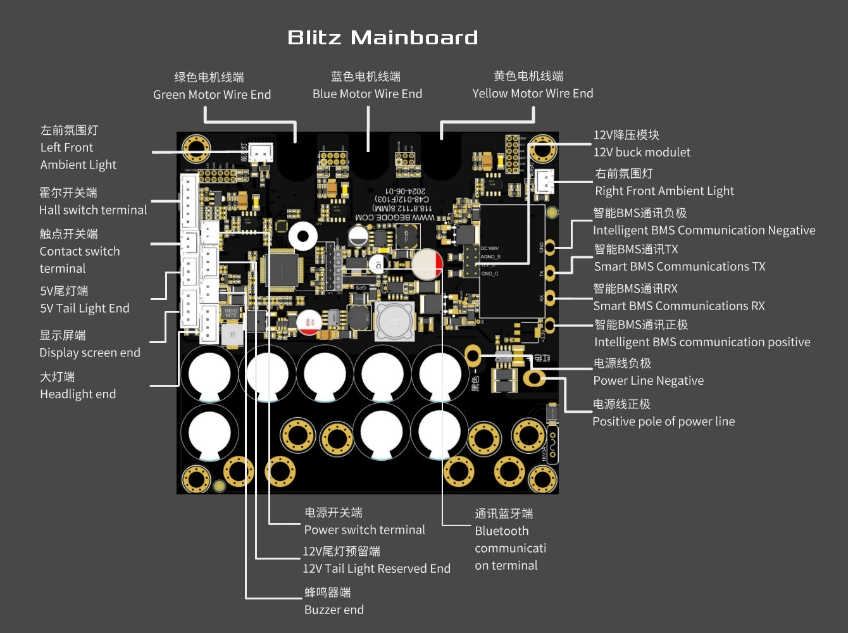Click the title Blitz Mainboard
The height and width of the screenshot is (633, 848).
coord(382,37)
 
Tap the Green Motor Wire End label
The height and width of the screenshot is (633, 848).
coord(212,94)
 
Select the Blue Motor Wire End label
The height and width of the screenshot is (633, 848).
coord(367,94)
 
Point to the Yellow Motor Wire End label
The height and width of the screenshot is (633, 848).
coord(532,93)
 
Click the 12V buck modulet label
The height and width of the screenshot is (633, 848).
coord(642,152)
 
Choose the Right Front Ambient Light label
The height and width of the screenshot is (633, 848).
coord(664,191)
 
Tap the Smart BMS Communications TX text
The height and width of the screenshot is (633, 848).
coord(680,266)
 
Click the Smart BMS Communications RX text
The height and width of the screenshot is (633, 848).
coord(678,306)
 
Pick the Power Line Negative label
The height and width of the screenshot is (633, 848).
coord(648,380)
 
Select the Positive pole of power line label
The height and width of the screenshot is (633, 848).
coord(663,421)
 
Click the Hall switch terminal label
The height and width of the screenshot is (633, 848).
coord(93,210)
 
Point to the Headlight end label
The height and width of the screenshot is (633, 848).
coord(78,394)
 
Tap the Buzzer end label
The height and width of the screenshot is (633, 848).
coord(334,610)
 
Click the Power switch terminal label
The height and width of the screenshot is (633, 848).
coord(365,530)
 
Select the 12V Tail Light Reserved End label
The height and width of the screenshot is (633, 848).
coord(377,568)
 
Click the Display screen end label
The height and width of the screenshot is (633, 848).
coord(90,353)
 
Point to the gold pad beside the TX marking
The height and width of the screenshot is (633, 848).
coord(551,273)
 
